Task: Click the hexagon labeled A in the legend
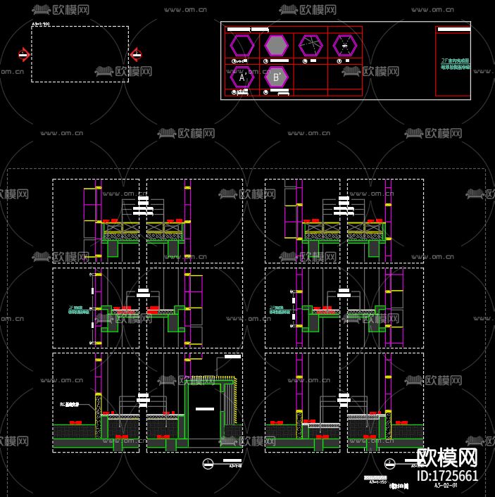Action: (x=242, y=78)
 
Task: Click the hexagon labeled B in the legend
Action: (x=277, y=77)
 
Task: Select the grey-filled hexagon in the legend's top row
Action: (x=277, y=46)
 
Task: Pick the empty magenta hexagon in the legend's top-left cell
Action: (x=242, y=46)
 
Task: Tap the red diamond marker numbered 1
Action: (x=24, y=55)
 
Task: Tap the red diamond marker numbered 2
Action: (x=136, y=55)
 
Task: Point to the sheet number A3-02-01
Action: (x=446, y=486)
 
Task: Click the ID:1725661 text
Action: (x=447, y=476)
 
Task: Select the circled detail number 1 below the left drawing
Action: (x=208, y=463)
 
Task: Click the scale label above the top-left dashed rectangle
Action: (x=41, y=24)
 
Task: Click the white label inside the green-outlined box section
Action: (x=205, y=408)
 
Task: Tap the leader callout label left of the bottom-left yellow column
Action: (x=70, y=405)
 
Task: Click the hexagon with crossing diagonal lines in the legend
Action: (x=310, y=46)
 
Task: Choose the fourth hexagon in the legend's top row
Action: (x=345, y=46)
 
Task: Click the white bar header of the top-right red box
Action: (x=453, y=30)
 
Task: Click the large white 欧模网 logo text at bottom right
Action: (x=448, y=458)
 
